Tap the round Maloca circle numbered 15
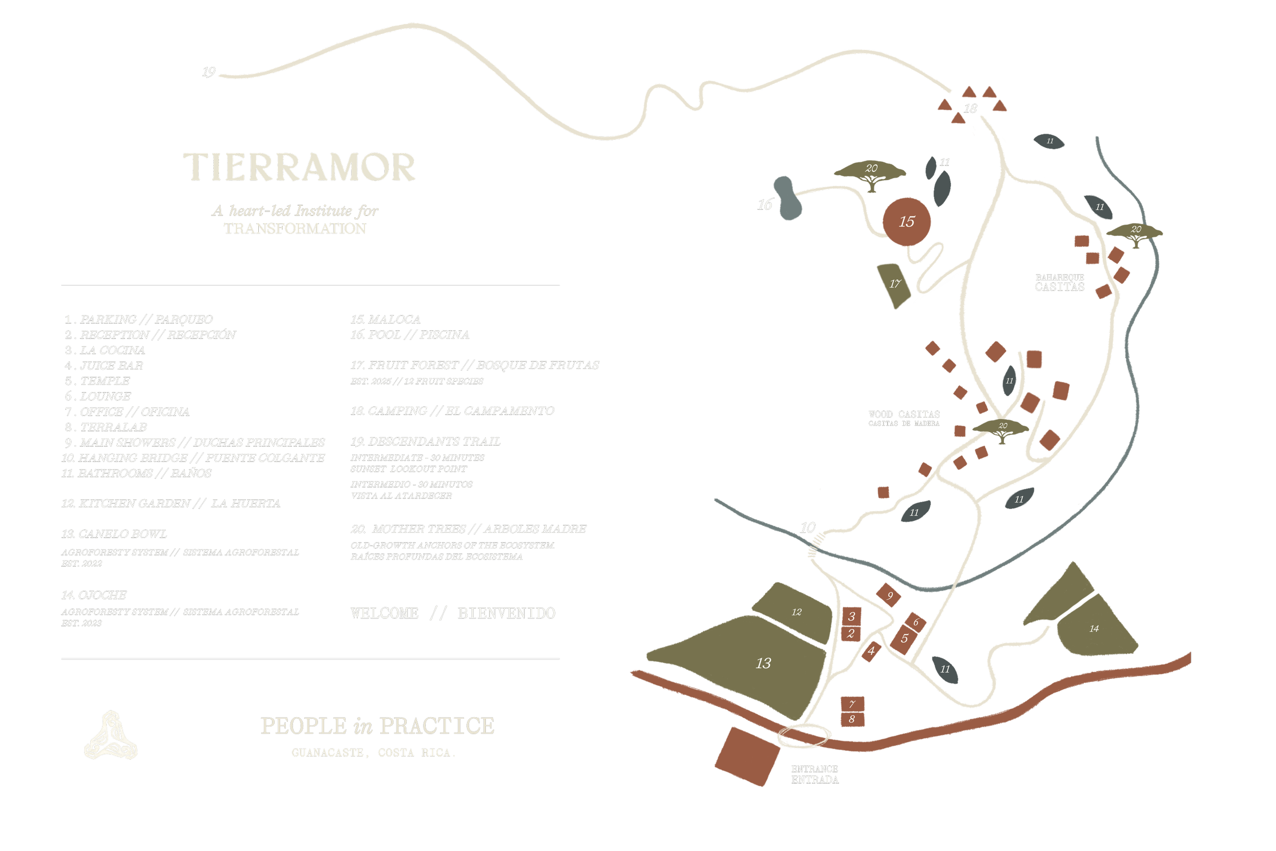pos(906,222)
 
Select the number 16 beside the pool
pos(765,205)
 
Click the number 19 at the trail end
pos(209,72)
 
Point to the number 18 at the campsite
pos(971,109)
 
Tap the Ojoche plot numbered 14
pos(1094,628)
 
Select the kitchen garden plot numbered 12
pos(796,612)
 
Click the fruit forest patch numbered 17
pos(894,284)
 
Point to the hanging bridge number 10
pos(808,527)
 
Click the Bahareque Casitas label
pos(1060,283)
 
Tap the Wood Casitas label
pos(904,418)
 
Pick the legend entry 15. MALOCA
pos(386,320)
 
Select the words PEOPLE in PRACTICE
pos(378,726)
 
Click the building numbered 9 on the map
pos(890,595)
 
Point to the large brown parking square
pos(747,756)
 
